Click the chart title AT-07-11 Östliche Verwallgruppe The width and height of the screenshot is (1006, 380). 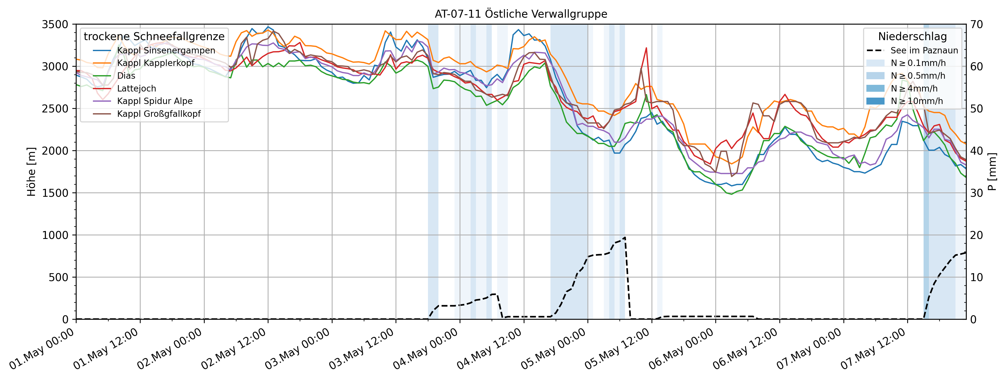[x=521, y=14]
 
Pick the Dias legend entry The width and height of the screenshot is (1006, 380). [x=126, y=76]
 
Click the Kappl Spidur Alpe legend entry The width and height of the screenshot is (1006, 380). [x=155, y=101]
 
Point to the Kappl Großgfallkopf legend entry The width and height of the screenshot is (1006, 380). [x=158, y=114]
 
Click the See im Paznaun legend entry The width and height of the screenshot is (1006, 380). [x=924, y=50]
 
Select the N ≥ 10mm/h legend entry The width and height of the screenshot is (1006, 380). [x=917, y=101]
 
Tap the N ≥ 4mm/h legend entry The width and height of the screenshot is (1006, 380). [x=914, y=88]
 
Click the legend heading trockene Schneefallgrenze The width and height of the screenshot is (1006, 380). [x=154, y=36]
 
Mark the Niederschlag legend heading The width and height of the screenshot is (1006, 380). [x=912, y=36]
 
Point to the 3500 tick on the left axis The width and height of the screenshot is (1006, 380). [x=55, y=24]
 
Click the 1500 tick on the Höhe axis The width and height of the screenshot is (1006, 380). [x=55, y=193]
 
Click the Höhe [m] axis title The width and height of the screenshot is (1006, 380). [x=31, y=172]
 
